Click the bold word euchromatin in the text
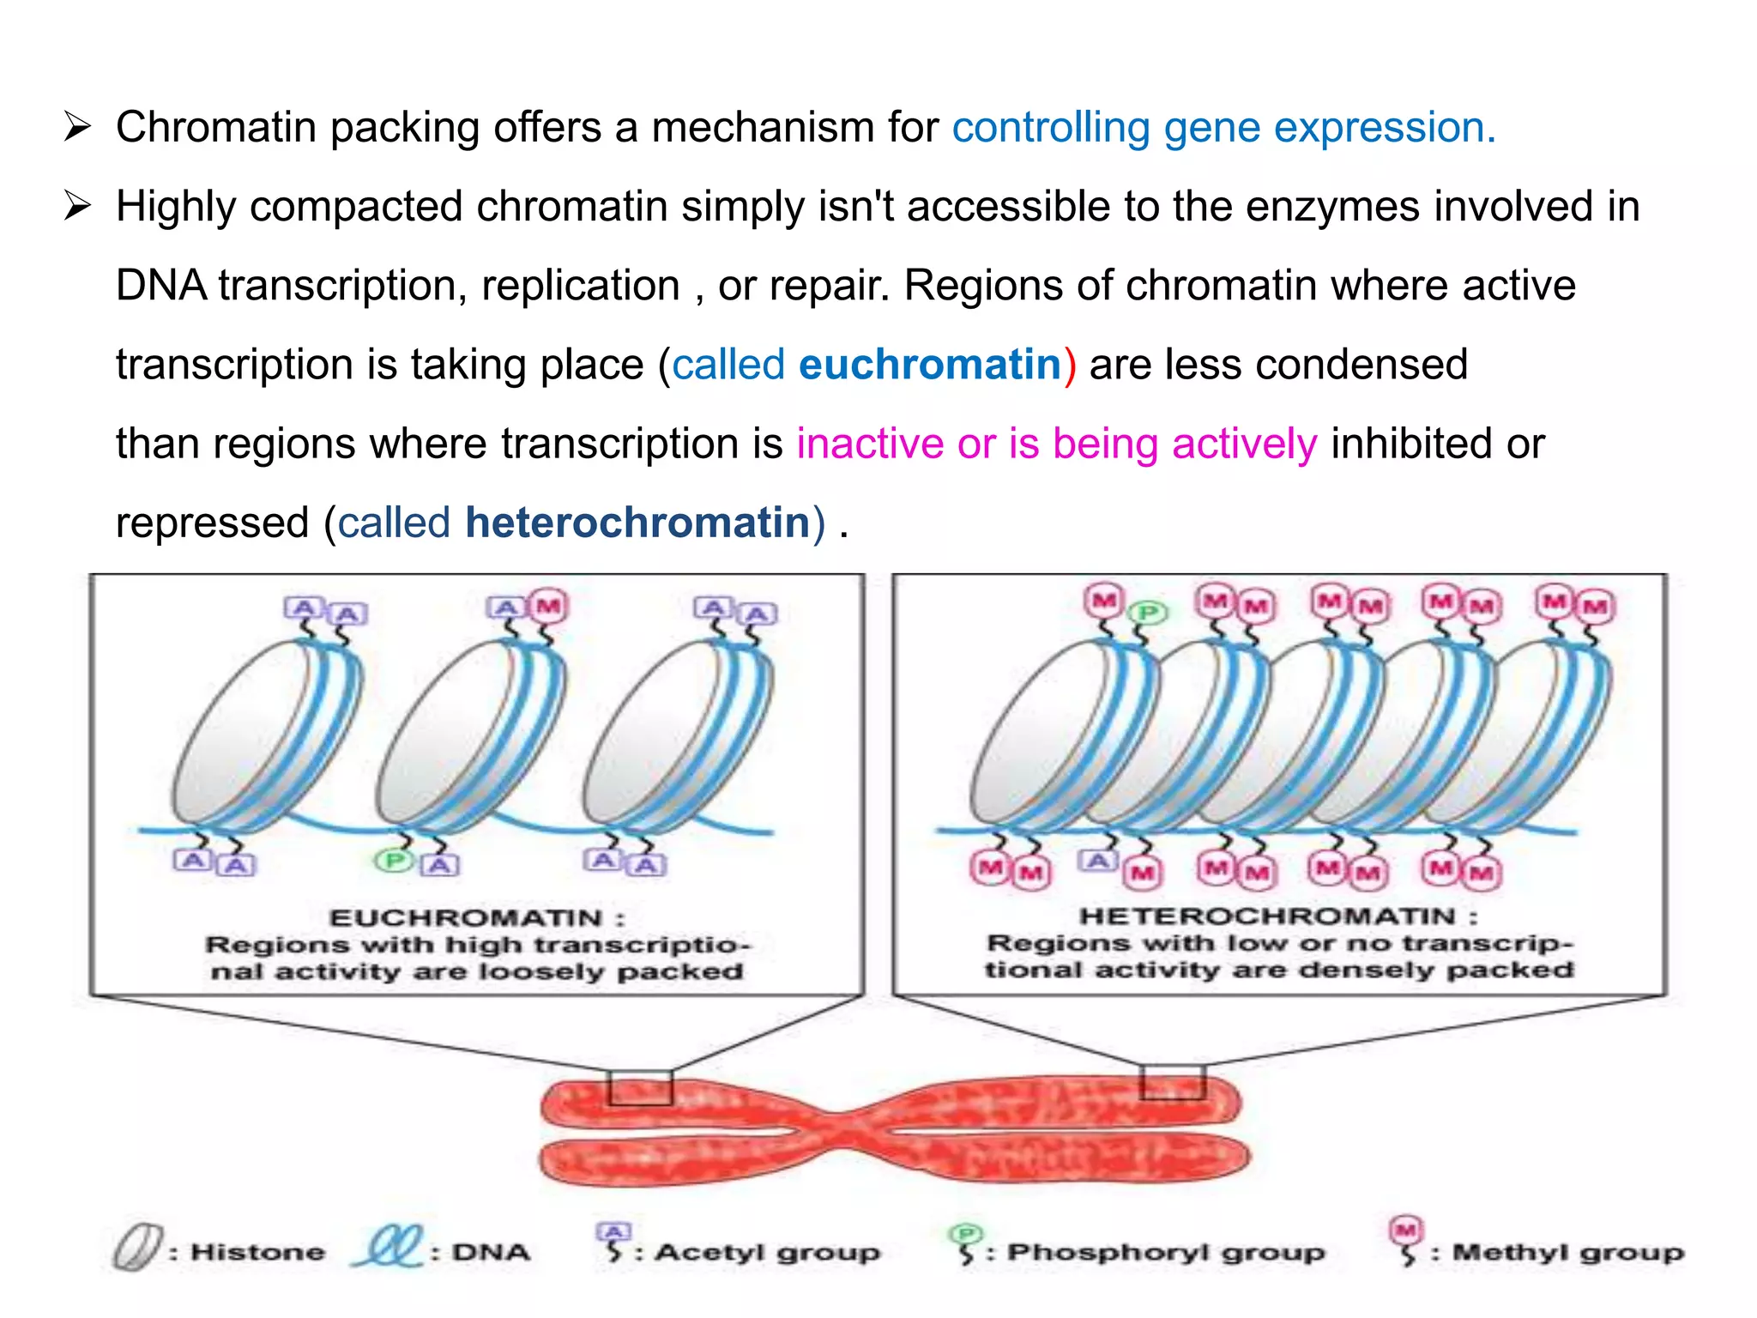pos(930,365)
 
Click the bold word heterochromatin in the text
pos(637,523)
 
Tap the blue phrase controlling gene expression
pos(1223,128)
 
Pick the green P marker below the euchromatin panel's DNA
pos(394,860)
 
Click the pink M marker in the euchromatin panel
pos(548,607)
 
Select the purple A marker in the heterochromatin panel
pos(1097,860)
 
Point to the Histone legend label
pos(257,1252)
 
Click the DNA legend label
pos(491,1252)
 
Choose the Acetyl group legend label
pos(768,1253)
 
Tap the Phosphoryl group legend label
pos(1166,1253)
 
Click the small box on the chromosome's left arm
pos(640,1087)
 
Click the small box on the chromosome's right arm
pos(1173,1082)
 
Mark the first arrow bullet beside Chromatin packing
pos(77,128)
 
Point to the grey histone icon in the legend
pos(137,1248)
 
